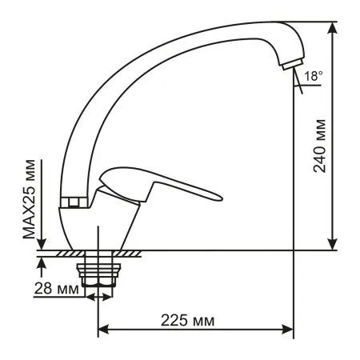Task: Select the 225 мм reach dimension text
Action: click(x=193, y=321)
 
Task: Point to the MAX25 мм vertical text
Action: click(x=30, y=204)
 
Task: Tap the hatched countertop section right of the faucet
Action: click(x=133, y=254)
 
